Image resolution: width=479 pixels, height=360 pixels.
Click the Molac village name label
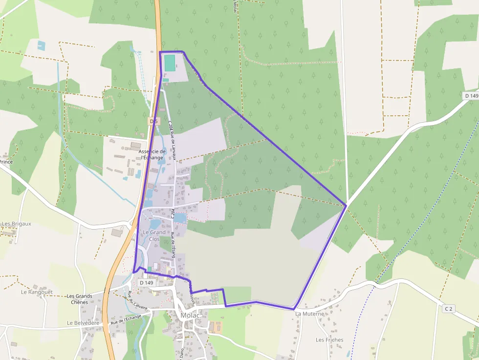(x=190, y=315)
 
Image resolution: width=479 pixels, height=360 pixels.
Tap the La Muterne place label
(x=310, y=314)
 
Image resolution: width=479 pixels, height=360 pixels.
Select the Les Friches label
(x=329, y=340)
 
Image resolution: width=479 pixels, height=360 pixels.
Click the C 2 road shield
(x=449, y=309)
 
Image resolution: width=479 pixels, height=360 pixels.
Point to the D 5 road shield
(x=154, y=121)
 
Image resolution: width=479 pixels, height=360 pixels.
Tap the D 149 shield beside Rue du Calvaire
(x=146, y=282)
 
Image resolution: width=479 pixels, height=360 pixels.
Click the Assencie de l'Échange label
(x=152, y=154)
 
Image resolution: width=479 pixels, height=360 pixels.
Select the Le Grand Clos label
(x=154, y=235)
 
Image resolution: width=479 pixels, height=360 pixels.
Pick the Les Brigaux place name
(x=16, y=224)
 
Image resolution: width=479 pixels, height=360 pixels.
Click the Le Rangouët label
(x=37, y=292)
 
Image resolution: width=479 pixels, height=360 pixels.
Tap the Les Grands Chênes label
(x=79, y=299)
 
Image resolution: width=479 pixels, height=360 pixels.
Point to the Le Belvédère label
(x=83, y=323)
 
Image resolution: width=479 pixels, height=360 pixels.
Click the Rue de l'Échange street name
(x=126, y=319)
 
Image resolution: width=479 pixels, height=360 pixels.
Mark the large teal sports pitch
(x=170, y=63)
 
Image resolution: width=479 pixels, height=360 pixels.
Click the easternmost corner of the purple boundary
(x=347, y=205)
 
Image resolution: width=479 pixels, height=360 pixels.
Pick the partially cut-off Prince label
(x=6, y=162)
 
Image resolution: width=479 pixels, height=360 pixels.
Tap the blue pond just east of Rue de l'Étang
(x=180, y=218)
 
